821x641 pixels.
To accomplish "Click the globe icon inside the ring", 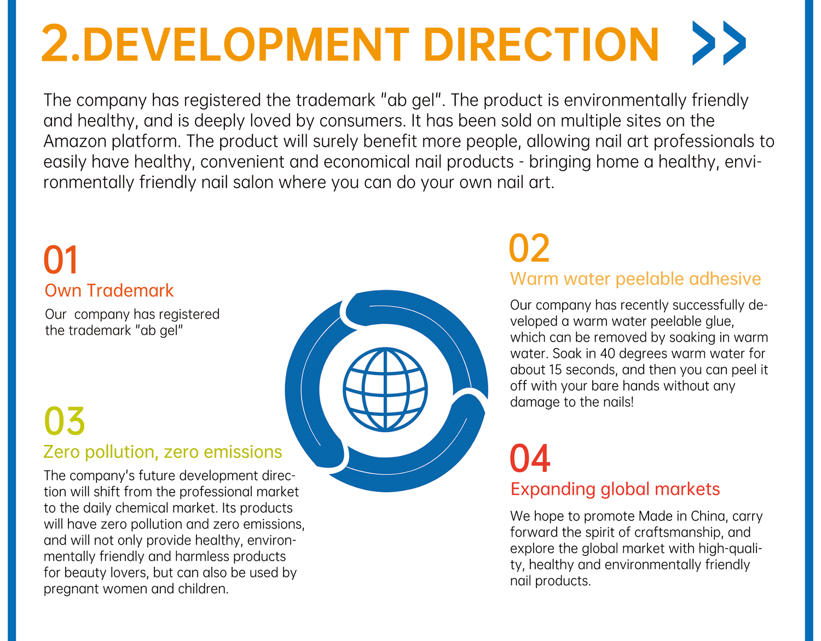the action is coord(385,389).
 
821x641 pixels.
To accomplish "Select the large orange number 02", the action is coord(529,248).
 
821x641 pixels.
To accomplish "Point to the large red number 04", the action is coord(530,458).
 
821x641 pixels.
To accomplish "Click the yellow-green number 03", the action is coord(64,421).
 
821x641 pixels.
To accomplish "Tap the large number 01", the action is coord(60,259).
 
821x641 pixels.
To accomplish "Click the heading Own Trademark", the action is coord(109,291).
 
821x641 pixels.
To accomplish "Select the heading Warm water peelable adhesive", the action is coord(635,279).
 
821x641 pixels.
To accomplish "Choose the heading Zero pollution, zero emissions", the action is coord(163,452).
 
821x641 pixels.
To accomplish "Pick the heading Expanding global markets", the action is coord(615,489).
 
